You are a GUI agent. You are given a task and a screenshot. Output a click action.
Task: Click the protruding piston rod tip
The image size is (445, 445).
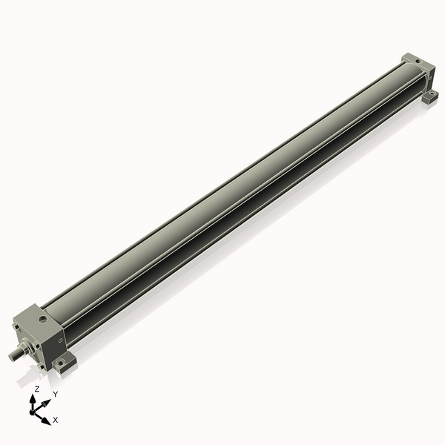(x=13, y=355)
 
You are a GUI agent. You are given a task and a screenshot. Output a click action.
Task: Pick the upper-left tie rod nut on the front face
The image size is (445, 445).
(x=16, y=327)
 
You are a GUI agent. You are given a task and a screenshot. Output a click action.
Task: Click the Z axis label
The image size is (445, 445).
(x=37, y=389)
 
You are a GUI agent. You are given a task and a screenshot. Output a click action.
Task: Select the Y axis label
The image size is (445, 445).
(x=55, y=394)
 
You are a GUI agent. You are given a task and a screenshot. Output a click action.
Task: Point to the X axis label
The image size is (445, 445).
(x=56, y=421)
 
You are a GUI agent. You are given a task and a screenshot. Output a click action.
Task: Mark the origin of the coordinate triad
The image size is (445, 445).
(x=33, y=412)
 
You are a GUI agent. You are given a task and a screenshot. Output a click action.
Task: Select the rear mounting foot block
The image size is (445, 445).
(x=429, y=96)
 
